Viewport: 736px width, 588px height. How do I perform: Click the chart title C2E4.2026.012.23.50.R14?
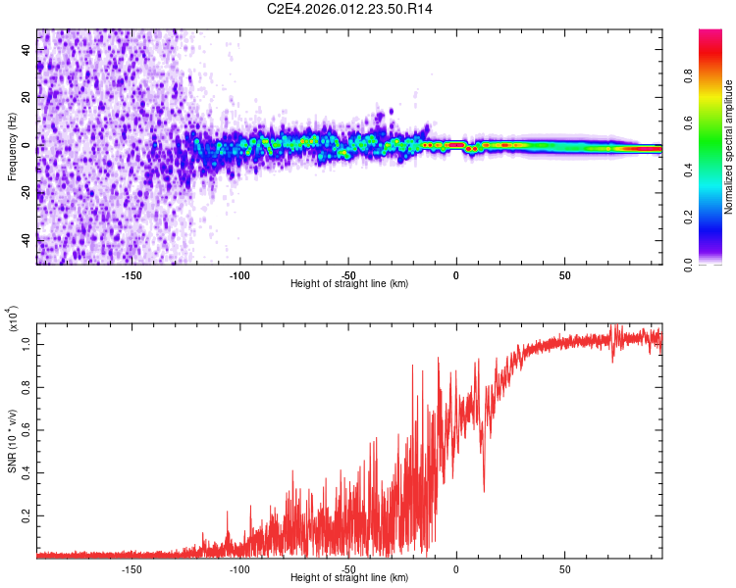click(x=349, y=9)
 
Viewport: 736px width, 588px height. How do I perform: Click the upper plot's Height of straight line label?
click(x=349, y=284)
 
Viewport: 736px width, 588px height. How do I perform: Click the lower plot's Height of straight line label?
click(x=349, y=578)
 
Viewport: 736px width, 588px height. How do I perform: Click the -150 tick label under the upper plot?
click(x=131, y=274)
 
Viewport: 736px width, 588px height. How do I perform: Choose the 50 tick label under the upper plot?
click(x=564, y=274)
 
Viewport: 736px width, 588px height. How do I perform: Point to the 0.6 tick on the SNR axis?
click(x=28, y=428)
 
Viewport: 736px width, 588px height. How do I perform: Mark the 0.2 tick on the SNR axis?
click(x=28, y=514)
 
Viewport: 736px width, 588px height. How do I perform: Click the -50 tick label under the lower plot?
click(x=347, y=568)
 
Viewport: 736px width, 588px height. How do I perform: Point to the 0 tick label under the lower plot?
click(x=455, y=568)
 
